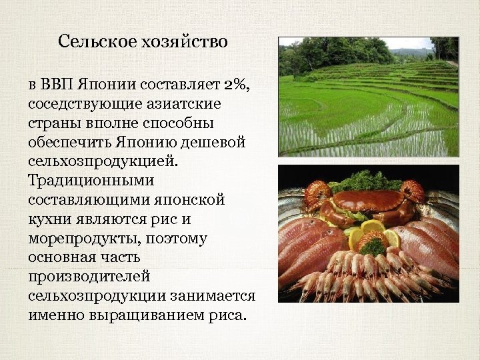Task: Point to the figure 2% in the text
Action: click(237, 85)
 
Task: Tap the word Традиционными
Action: click(91, 181)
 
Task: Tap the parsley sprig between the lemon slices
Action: click(373, 246)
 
